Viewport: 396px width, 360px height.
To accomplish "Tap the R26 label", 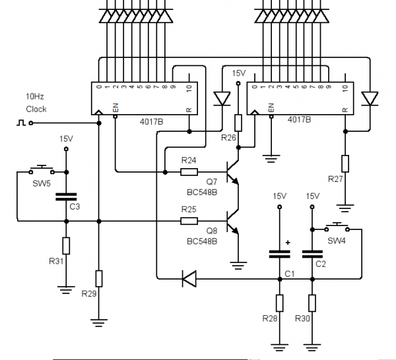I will (x=228, y=138).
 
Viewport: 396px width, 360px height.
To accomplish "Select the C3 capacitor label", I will (x=75, y=207).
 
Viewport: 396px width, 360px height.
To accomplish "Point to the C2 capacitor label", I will (x=321, y=264).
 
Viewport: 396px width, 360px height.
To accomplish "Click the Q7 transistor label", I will (x=211, y=181).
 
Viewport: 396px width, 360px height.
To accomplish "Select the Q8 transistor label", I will (x=211, y=231).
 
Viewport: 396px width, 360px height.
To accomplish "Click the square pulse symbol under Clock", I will (x=20, y=122).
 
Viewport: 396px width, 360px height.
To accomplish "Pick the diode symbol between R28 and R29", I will (x=189, y=280).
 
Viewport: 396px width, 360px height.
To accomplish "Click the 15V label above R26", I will (x=239, y=73).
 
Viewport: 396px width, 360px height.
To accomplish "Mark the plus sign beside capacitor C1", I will (x=288, y=242).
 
